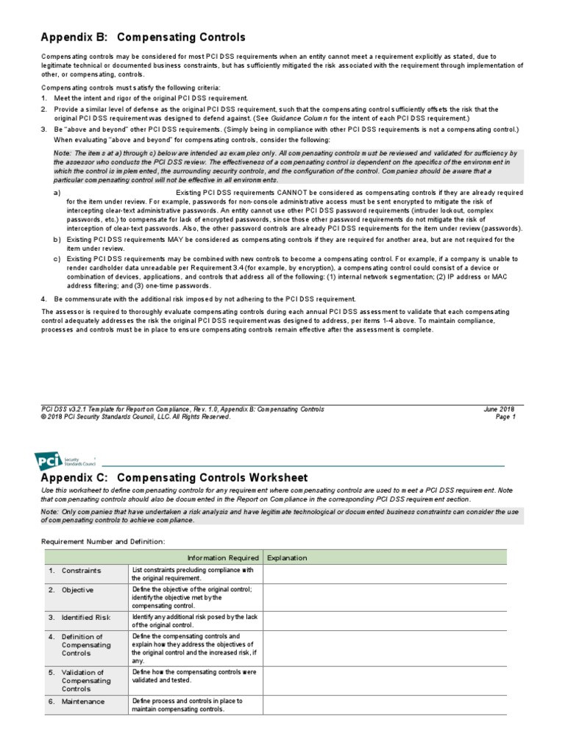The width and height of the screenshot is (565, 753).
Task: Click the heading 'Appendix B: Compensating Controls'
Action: [143, 37]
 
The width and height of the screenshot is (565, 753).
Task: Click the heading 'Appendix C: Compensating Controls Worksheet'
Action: [174, 477]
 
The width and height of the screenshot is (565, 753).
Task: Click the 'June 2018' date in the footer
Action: [500, 409]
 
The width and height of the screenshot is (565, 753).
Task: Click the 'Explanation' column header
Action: [287, 557]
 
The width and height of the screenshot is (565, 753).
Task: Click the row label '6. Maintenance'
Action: [77, 702]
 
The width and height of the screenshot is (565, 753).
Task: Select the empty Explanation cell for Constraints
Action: [395, 574]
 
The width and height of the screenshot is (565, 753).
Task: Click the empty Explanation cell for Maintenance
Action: [395, 704]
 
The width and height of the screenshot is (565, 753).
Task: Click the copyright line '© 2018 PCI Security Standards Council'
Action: [135, 417]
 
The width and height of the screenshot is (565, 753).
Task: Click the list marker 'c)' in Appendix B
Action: [57, 259]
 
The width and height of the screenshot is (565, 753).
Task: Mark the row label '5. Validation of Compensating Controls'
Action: [82, 680]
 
